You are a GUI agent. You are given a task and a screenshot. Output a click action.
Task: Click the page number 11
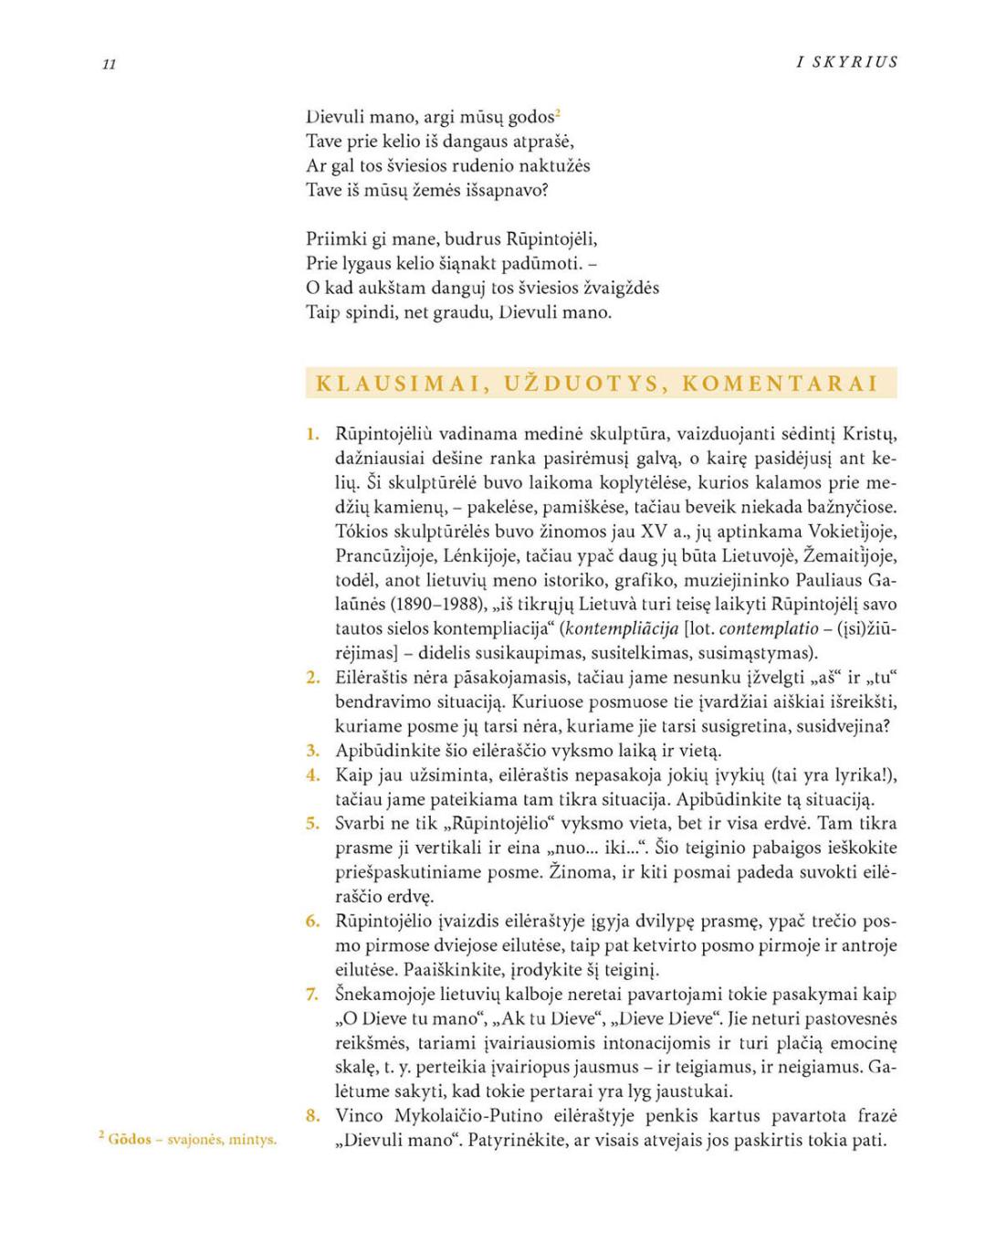click(110, 64)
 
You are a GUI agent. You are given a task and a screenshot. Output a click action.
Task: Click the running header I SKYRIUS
click(847, 62)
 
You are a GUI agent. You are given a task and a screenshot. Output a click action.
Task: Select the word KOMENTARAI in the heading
click(780, 384)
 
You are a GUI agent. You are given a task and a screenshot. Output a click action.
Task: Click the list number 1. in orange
click(313, 434)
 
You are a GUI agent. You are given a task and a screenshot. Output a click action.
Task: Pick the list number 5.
click(313, 823)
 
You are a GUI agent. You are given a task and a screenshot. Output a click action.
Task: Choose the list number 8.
click(313, 1115)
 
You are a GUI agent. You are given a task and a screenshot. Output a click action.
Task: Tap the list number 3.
click(313, 751)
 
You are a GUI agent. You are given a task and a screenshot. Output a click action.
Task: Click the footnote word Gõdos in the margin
click(130, 1139)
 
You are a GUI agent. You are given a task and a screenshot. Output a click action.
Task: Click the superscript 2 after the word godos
click(557, 113)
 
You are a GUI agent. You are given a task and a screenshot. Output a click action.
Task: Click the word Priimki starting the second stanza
click(335, 239)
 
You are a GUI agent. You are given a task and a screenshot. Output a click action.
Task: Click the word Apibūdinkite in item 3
click(385, 751)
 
